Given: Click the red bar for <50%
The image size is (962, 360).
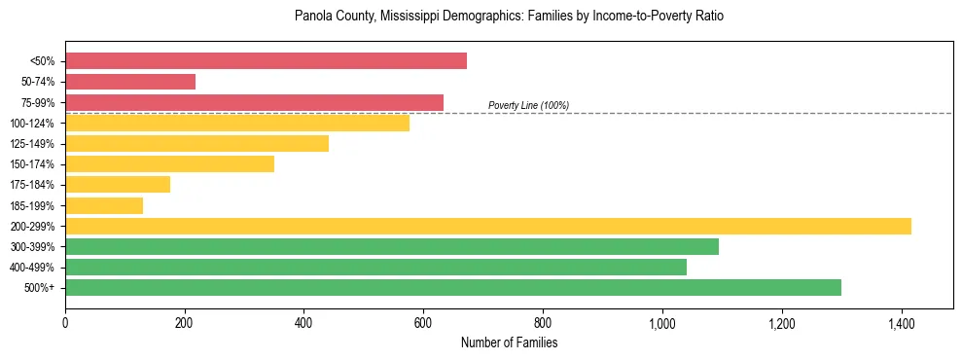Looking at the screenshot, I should click(266, 61).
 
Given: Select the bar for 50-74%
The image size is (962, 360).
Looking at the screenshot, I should click(130, 82).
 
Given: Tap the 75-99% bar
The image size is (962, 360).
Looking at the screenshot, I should click(254, 102).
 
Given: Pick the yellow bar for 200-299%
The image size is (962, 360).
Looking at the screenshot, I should click(488, 226).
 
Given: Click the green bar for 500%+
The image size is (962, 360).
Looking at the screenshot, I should click(453, 287).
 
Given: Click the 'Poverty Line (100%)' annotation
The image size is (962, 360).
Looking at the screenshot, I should click(528, 105).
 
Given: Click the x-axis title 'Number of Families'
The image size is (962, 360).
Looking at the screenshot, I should click(509, 342).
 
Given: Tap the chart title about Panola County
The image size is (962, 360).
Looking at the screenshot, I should click(509, 17).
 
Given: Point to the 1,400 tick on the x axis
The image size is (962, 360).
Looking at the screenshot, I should click(901, 323).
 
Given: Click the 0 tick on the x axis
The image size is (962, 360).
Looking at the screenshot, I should click(65, 323).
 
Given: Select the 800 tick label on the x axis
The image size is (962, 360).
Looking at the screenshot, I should click(543, 323).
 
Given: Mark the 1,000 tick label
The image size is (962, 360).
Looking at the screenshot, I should click(662, 323).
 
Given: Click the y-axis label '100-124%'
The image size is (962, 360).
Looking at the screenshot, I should click(32, 124).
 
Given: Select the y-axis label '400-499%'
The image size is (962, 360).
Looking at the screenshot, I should click(32, 268).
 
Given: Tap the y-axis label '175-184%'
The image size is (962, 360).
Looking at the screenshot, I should click(32, 185).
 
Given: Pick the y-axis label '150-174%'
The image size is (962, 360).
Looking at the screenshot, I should click(32, 164).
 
